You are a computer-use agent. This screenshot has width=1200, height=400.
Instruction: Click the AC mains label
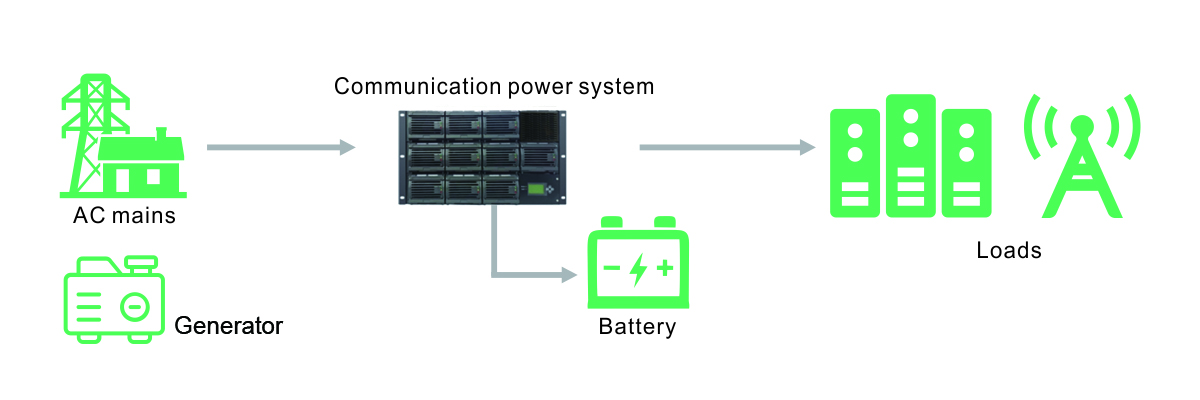click(125, 215)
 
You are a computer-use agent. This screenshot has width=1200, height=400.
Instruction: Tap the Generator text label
click(228, 326)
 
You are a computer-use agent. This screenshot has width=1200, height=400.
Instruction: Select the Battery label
click(637, 327)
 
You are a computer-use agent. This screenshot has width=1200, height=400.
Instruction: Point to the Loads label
click(1009, 250)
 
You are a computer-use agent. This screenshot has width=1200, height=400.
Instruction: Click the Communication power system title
click(494, 86)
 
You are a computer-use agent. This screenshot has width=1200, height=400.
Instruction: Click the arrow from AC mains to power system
click(280, 148)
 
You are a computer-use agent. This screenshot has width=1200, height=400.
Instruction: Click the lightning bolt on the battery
click(637, 270)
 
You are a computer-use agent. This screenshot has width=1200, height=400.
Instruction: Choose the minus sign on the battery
click(612, 268)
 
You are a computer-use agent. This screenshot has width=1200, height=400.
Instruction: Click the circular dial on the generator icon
click(135, 306)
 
